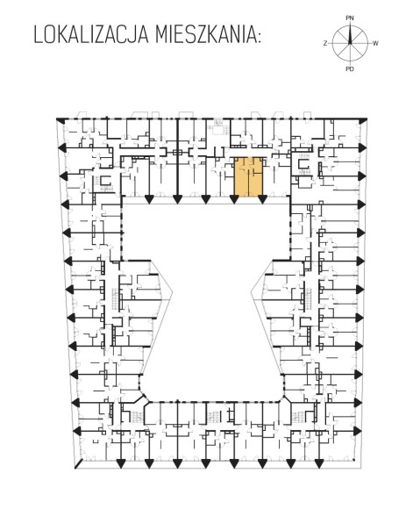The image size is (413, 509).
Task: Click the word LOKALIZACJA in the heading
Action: (91, 35)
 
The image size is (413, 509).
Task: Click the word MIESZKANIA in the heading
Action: (204, 35)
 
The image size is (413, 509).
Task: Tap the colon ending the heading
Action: (259, 37)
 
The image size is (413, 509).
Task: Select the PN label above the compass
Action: (349, 18)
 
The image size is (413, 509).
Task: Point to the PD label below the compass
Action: (349, 68)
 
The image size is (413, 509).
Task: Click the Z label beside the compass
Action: (325, 43)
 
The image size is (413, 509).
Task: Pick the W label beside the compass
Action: (375, 43)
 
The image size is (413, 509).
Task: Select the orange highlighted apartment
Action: (248, 177)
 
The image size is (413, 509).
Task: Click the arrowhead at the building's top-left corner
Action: (60, 120)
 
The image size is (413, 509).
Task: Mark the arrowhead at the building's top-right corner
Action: (363, 120)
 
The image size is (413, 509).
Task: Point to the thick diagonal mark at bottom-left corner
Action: (79, 463)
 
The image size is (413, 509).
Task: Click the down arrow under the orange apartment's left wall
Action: (234, 199)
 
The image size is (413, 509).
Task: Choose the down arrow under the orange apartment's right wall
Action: (262, 199)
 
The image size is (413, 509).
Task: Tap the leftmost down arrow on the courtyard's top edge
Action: (149, 199)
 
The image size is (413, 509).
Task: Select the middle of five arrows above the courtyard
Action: (206, 199)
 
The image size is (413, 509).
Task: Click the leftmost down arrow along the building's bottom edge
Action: (121, 464)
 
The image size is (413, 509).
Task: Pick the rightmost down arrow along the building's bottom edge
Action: (319, 464)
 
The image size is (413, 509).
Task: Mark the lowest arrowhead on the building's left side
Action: (75, 431)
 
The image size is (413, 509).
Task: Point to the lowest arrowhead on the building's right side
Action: (358, 431)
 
